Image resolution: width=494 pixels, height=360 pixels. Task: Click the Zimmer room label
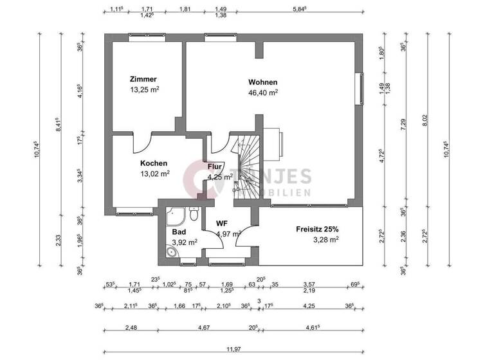coord(142,80)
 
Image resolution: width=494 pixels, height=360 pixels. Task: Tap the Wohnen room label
coord(263,82)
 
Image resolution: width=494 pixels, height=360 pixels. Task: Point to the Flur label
coord(215,167)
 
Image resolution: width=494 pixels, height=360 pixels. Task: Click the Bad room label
coord(179,231)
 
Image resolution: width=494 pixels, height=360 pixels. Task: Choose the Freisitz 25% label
coord(317,229)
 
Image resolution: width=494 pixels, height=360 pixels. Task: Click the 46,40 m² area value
coord(264,93)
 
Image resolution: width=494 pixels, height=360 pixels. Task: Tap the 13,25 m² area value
coord(145,90)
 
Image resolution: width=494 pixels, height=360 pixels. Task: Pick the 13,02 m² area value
coord(155,174)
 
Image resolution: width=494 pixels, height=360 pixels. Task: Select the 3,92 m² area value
coord(184,242)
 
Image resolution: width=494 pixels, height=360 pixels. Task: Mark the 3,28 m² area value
coord(325,239)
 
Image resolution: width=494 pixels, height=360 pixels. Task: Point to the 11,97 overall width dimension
coord(233,350)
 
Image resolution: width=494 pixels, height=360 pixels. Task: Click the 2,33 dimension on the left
coord(59,239)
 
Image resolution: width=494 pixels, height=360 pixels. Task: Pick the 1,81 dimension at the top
coord(185,9)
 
